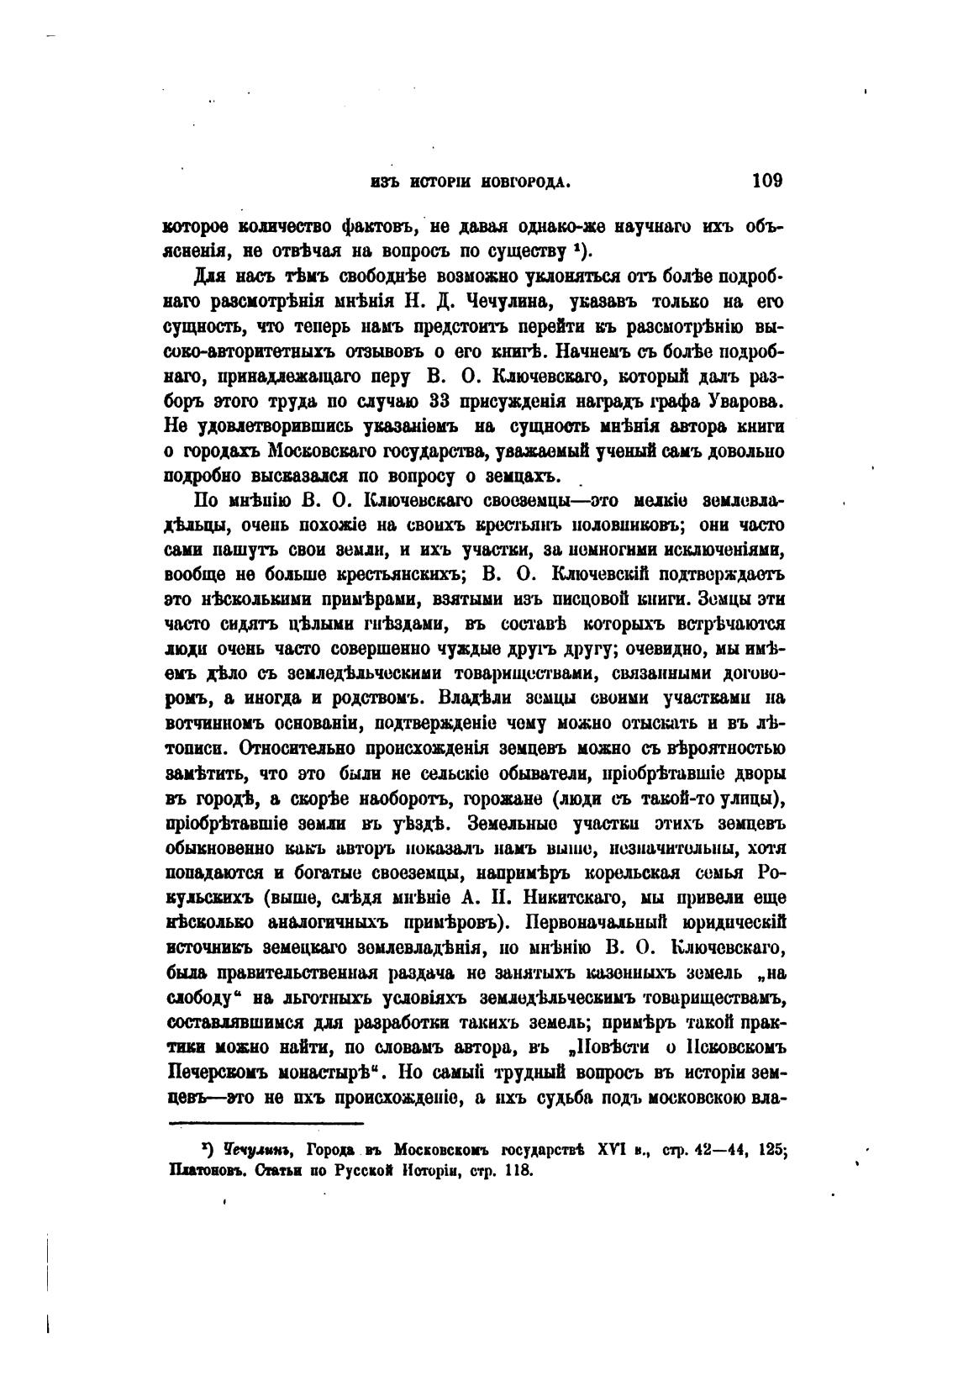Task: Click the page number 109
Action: click(767, 180)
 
